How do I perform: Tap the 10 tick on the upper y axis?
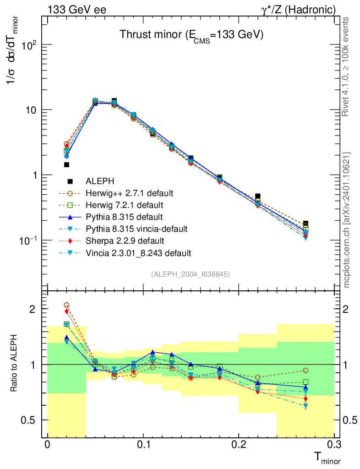click(32, 110)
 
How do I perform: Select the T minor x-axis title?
click(327, 458)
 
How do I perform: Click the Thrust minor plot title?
click(191, 35)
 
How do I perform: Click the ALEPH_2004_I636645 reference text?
click(191, 274)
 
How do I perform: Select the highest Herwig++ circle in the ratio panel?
click(66, 305)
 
